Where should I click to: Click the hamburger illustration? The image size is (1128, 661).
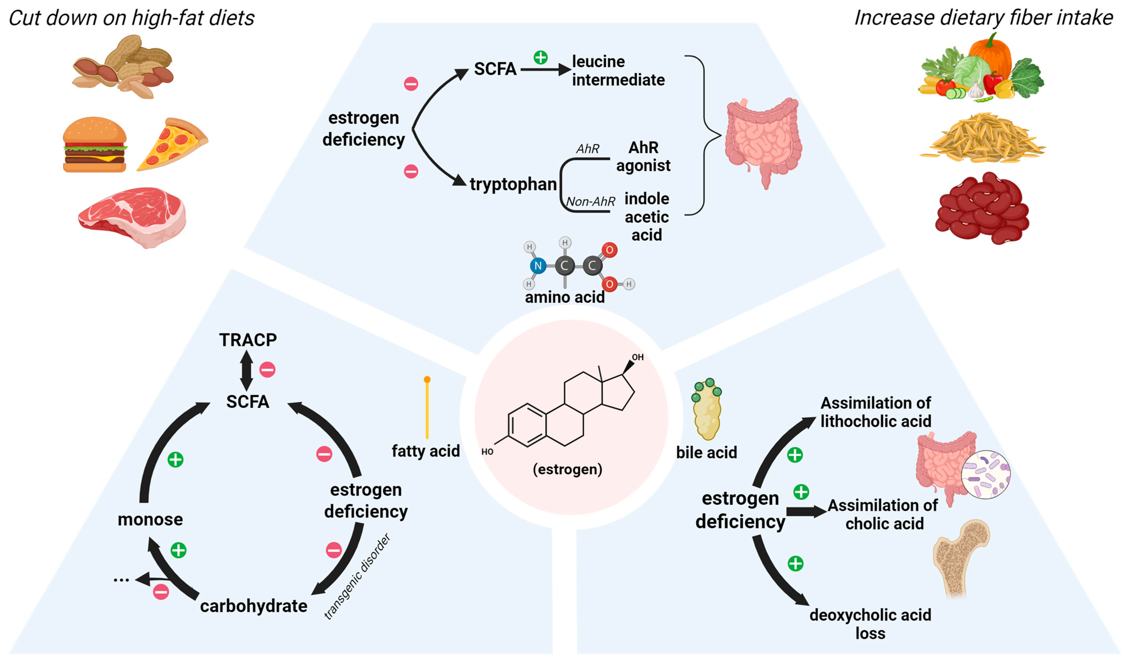click(95, 145)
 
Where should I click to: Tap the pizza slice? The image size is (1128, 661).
click(173, 144)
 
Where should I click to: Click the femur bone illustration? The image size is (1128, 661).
click(961, 559)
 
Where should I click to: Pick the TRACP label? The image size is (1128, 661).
click(248, 340)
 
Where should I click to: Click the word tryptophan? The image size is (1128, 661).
click(513, 184)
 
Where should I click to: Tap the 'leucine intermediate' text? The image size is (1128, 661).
click(618, 71)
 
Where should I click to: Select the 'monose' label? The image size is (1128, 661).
click(150, 520)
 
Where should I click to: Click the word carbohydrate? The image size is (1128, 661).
click(254, 606)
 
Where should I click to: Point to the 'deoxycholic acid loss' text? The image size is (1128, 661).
click(870, 624)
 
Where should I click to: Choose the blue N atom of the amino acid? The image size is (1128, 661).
click(538, 266)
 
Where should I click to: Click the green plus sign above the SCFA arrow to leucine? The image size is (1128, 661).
click(541, 58)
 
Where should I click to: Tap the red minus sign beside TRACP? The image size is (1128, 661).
click(268, 370)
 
